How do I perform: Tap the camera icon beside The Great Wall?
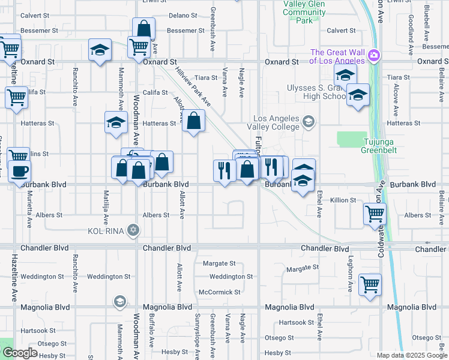pyautogui.click(x=374, y=55)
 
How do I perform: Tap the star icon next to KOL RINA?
pyautogui.click(x=133, y=230)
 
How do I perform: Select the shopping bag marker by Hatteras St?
pyautogui.click(x=193, y=121)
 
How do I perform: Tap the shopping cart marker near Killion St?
pyautogui.click(x=375, y=213)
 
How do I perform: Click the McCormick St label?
pyautogui.click(x=220, y=292)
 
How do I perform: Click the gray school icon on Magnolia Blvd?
pyautogui.click(x=119, y=301)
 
